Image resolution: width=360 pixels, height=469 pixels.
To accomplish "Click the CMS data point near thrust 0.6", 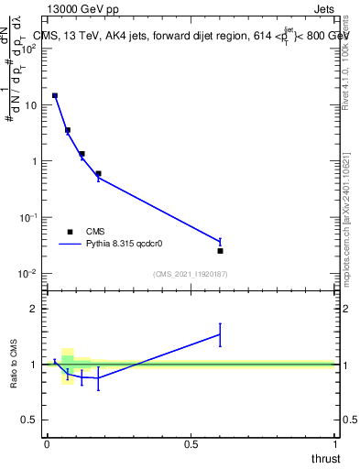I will point(220,250).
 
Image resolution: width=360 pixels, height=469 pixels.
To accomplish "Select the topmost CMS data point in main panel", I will point(55,95).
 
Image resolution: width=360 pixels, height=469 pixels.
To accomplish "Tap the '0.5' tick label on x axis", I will point(191,443).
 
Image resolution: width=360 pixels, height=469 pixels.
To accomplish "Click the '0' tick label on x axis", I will point(46,443).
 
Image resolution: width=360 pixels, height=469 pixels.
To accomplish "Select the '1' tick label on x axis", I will point(334,443).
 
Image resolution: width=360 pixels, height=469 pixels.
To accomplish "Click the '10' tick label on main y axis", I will point(30,105).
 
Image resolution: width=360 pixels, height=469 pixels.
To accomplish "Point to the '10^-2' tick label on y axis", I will point(27,274).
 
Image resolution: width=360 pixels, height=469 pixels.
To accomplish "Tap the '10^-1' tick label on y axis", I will point(27,218).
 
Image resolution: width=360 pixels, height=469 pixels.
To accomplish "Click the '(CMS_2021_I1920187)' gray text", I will point(191,274).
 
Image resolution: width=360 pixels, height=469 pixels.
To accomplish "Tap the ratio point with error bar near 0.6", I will point(220,334).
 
